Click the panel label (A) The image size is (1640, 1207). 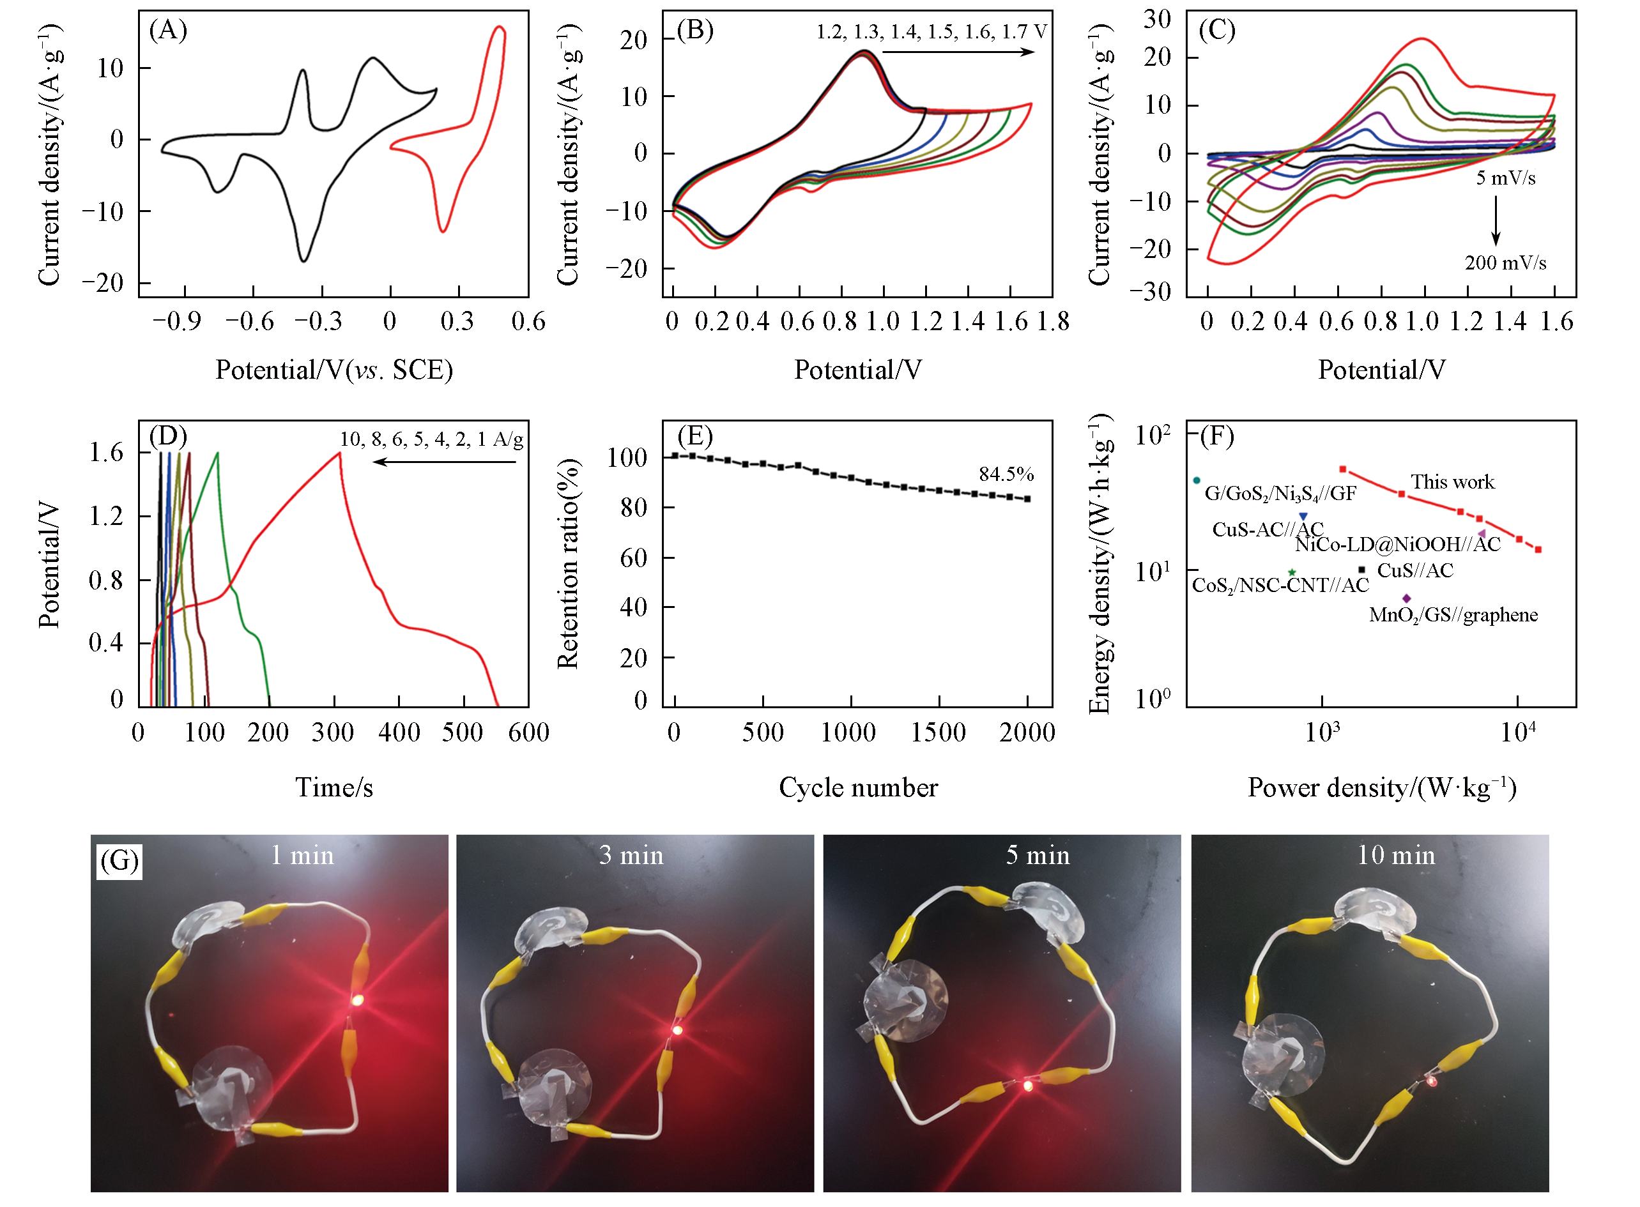pos(168,31)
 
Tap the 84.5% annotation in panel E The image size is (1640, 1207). pos(1006,474)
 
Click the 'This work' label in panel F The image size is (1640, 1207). pos(1452,482)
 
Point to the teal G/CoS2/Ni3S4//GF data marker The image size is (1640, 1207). pos(1197,480)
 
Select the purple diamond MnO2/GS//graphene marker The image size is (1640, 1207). pos(1406,598)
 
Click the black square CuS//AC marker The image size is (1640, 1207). pos(1361,569)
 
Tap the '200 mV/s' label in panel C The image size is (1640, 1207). pos(1505,263)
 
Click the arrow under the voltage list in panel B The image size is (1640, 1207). pos(958,52)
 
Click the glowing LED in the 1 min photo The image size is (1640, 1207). pos(357,999)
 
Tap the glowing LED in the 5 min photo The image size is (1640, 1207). pos(1027,1086)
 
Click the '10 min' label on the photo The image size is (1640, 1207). pos(1396,856)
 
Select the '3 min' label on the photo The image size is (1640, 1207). pos(631,856)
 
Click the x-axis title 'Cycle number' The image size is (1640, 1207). pos(858,787)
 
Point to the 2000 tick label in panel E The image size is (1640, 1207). pos(1027,732)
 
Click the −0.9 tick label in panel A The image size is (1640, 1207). pos(176,321)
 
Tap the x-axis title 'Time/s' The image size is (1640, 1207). pos(334,787)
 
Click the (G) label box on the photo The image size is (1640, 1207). pos(119,861)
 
